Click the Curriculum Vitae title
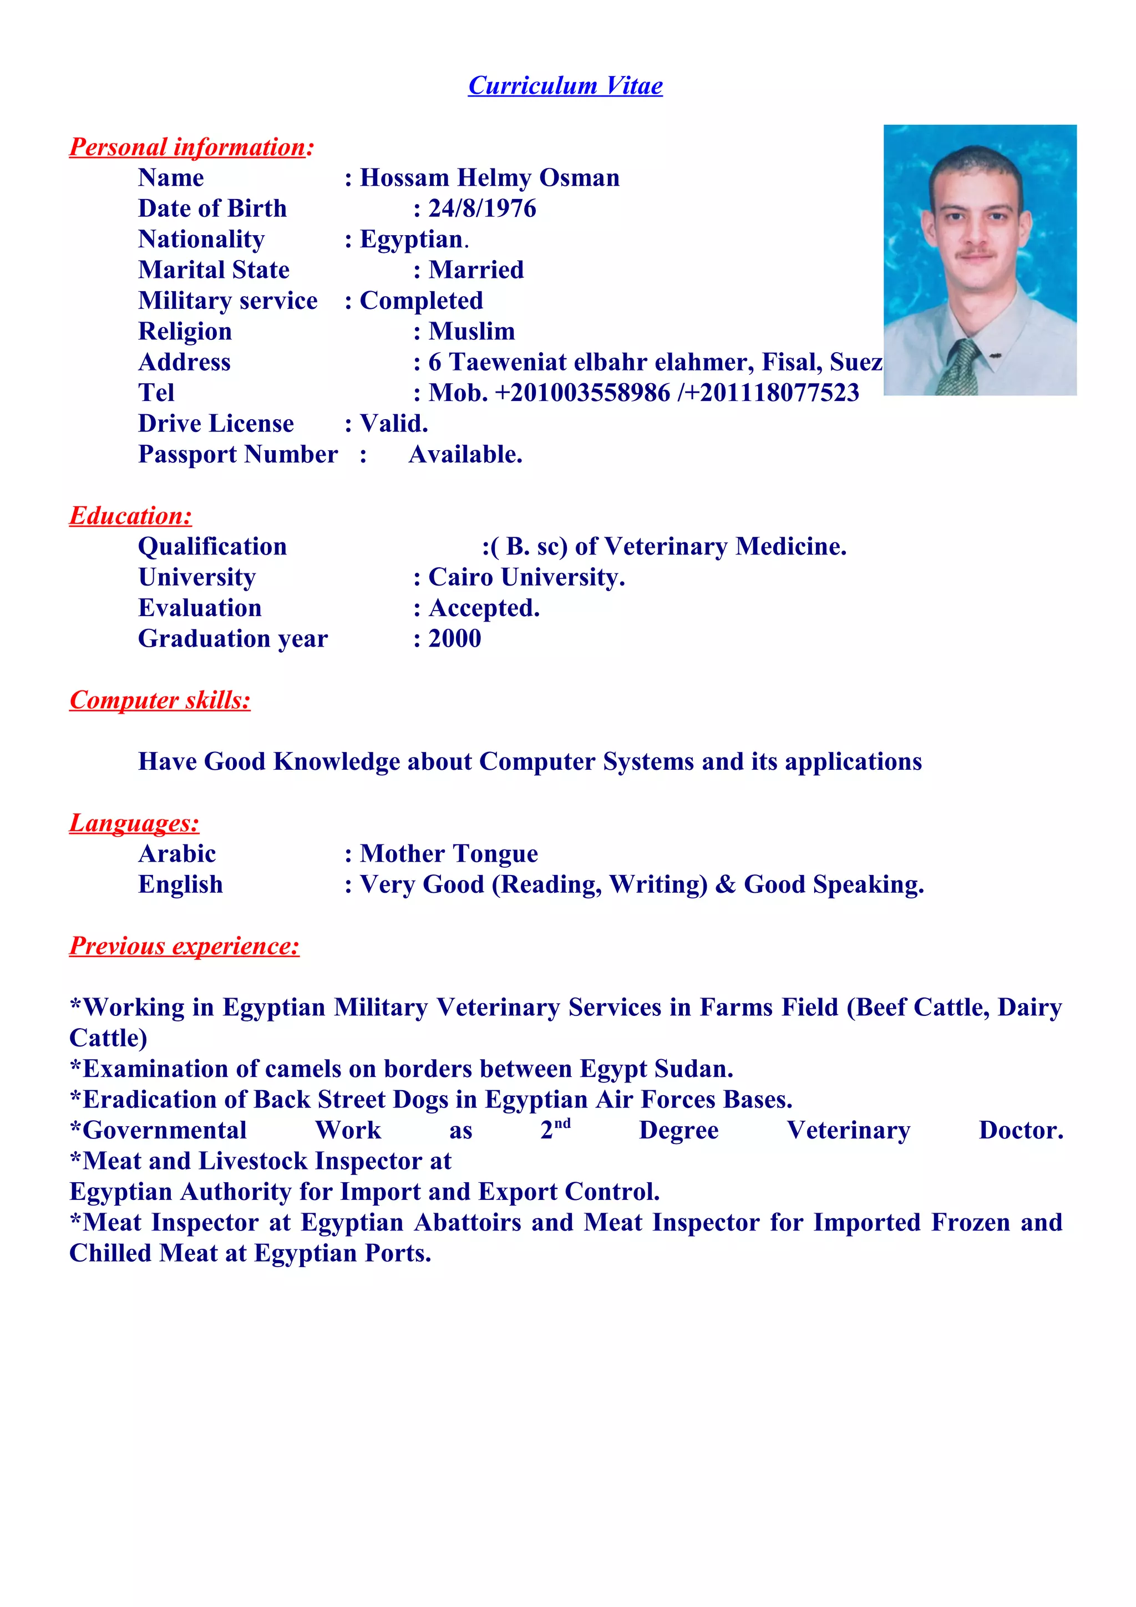click(x=565, y=85)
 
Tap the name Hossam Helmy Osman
click(x=489, y=178)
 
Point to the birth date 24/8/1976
click(x=482, y=208)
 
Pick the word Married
click(x=476, y=270)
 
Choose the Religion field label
click(x=185, y=331)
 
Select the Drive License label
click(x=216, y=424)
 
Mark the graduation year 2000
click(x=455, y=638)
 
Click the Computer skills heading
click(x=160, y=700)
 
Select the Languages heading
click(x=134, y=823)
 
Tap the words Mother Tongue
click(x=449, y=854)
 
